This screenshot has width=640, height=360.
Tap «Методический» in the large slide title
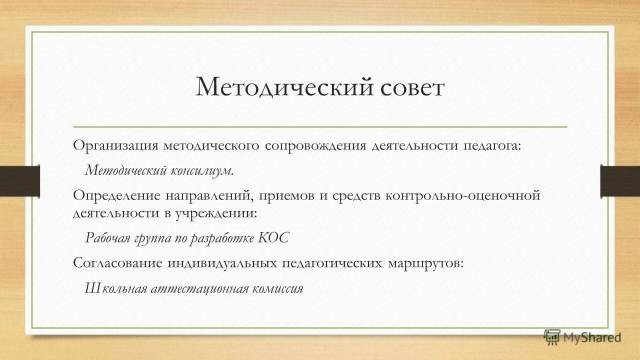284,87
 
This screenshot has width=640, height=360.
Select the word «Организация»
114,145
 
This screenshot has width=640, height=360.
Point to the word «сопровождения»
316,145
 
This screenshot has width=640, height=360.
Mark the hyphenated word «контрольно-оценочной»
463,195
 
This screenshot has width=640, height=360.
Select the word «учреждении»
216,213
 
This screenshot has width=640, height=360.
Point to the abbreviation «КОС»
274,237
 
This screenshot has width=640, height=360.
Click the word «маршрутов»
425,263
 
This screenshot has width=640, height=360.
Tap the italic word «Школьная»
116,288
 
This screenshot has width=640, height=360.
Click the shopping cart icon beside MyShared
552,336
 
